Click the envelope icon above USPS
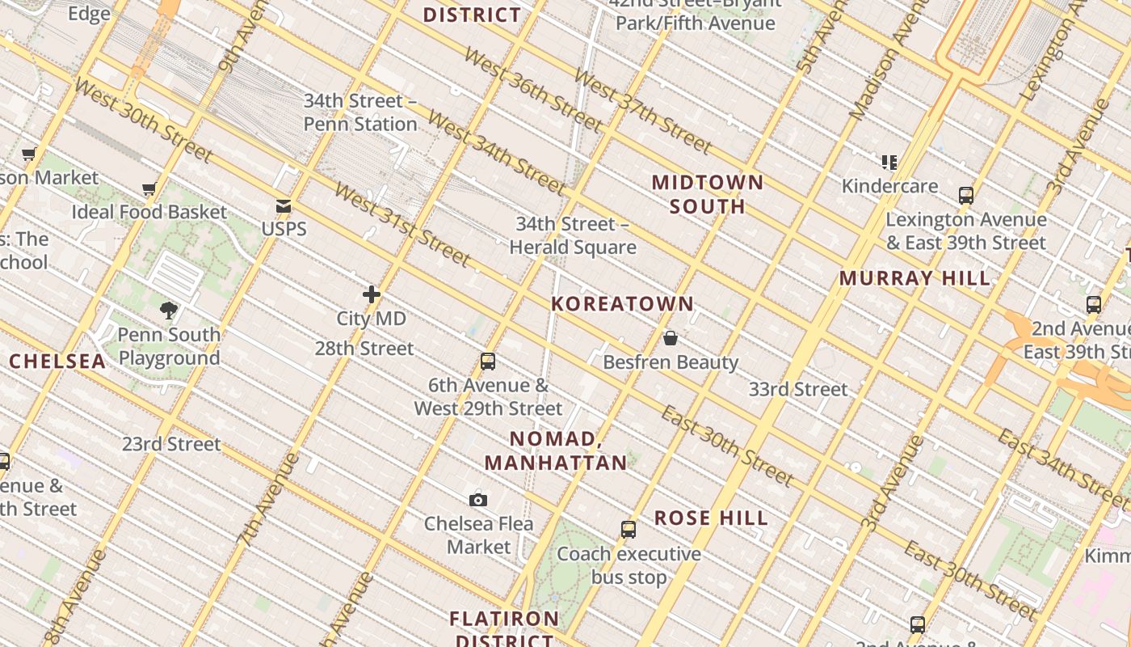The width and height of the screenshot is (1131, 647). tap(284, 206)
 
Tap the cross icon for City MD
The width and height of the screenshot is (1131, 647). tap(372, 294)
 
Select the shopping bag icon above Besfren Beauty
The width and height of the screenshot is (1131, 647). tap(671, 338)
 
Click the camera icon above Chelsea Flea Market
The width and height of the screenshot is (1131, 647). tap(478, 500)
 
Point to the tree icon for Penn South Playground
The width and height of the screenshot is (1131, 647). tap(169, 310)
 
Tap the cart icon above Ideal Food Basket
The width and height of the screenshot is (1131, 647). tap(149, 189)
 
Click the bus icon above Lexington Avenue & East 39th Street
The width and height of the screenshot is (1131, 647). tap(966, 195)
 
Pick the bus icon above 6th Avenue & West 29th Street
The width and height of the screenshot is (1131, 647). tap(488, 362)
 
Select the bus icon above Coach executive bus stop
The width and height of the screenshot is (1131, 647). tap(629, 530)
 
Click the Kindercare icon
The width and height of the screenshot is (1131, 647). tap(889, 163)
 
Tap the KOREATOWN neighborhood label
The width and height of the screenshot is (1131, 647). tap(622, 304)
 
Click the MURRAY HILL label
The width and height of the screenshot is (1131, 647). tap(914, 278)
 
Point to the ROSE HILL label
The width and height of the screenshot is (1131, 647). tap(711, 518)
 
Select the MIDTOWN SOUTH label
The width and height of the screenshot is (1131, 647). tap(708, 194)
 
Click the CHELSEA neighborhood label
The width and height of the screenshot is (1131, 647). tap(57, 362)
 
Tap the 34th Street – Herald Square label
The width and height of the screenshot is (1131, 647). tap(573, 235)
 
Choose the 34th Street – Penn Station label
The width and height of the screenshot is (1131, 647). tap(360, 112)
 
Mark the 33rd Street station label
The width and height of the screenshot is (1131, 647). tap(798, 389)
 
